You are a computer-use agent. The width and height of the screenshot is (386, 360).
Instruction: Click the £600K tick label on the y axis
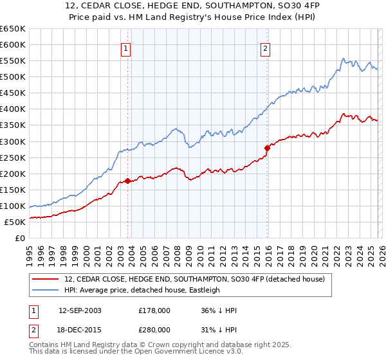[13, 44]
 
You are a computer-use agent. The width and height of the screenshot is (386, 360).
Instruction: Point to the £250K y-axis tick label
[13, 157]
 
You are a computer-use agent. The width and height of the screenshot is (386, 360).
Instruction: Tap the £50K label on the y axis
[15, 222]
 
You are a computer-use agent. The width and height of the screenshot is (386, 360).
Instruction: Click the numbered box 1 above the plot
[125, 47]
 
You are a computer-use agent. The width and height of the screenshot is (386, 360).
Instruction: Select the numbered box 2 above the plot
[266, 47]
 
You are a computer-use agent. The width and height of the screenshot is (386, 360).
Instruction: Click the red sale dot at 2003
[128, 181]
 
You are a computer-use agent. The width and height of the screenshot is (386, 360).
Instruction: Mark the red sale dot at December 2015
[268, 148]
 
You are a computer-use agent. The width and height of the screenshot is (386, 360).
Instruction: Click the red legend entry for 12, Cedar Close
[198, 279]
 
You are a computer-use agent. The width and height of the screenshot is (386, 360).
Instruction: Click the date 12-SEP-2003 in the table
[80, 310]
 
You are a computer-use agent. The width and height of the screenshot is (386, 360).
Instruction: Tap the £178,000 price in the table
[154, 310]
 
